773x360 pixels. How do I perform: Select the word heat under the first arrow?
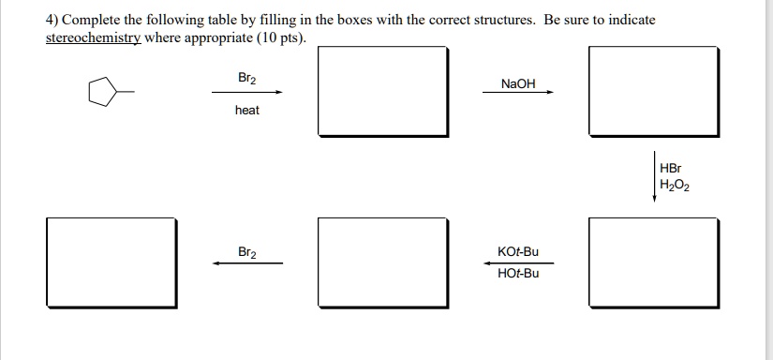[247, 111]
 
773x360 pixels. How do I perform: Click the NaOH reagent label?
[518, 83]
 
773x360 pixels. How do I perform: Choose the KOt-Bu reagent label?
[518, 252]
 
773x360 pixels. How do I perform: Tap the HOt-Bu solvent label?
[518, 273]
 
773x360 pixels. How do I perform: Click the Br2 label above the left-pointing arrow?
[247, 253]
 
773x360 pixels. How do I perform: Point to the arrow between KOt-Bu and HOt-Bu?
[518, 262]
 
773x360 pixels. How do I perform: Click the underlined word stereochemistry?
[85, 37]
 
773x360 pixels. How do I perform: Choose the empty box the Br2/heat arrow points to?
[384, 90]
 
